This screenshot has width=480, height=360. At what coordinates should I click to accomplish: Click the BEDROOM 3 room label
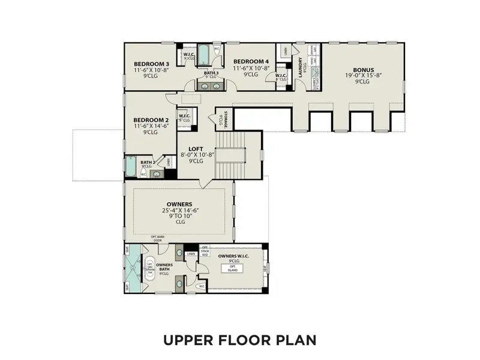(x=151, y=64)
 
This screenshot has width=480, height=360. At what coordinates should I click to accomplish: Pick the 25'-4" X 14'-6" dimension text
(x=180, y=211)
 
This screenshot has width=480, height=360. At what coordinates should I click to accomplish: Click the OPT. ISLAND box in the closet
(x=233, y=269)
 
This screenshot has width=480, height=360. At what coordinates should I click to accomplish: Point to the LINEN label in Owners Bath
(x=191, y=254)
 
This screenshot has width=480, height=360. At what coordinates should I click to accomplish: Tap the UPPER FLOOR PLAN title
(x=239, y=340)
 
